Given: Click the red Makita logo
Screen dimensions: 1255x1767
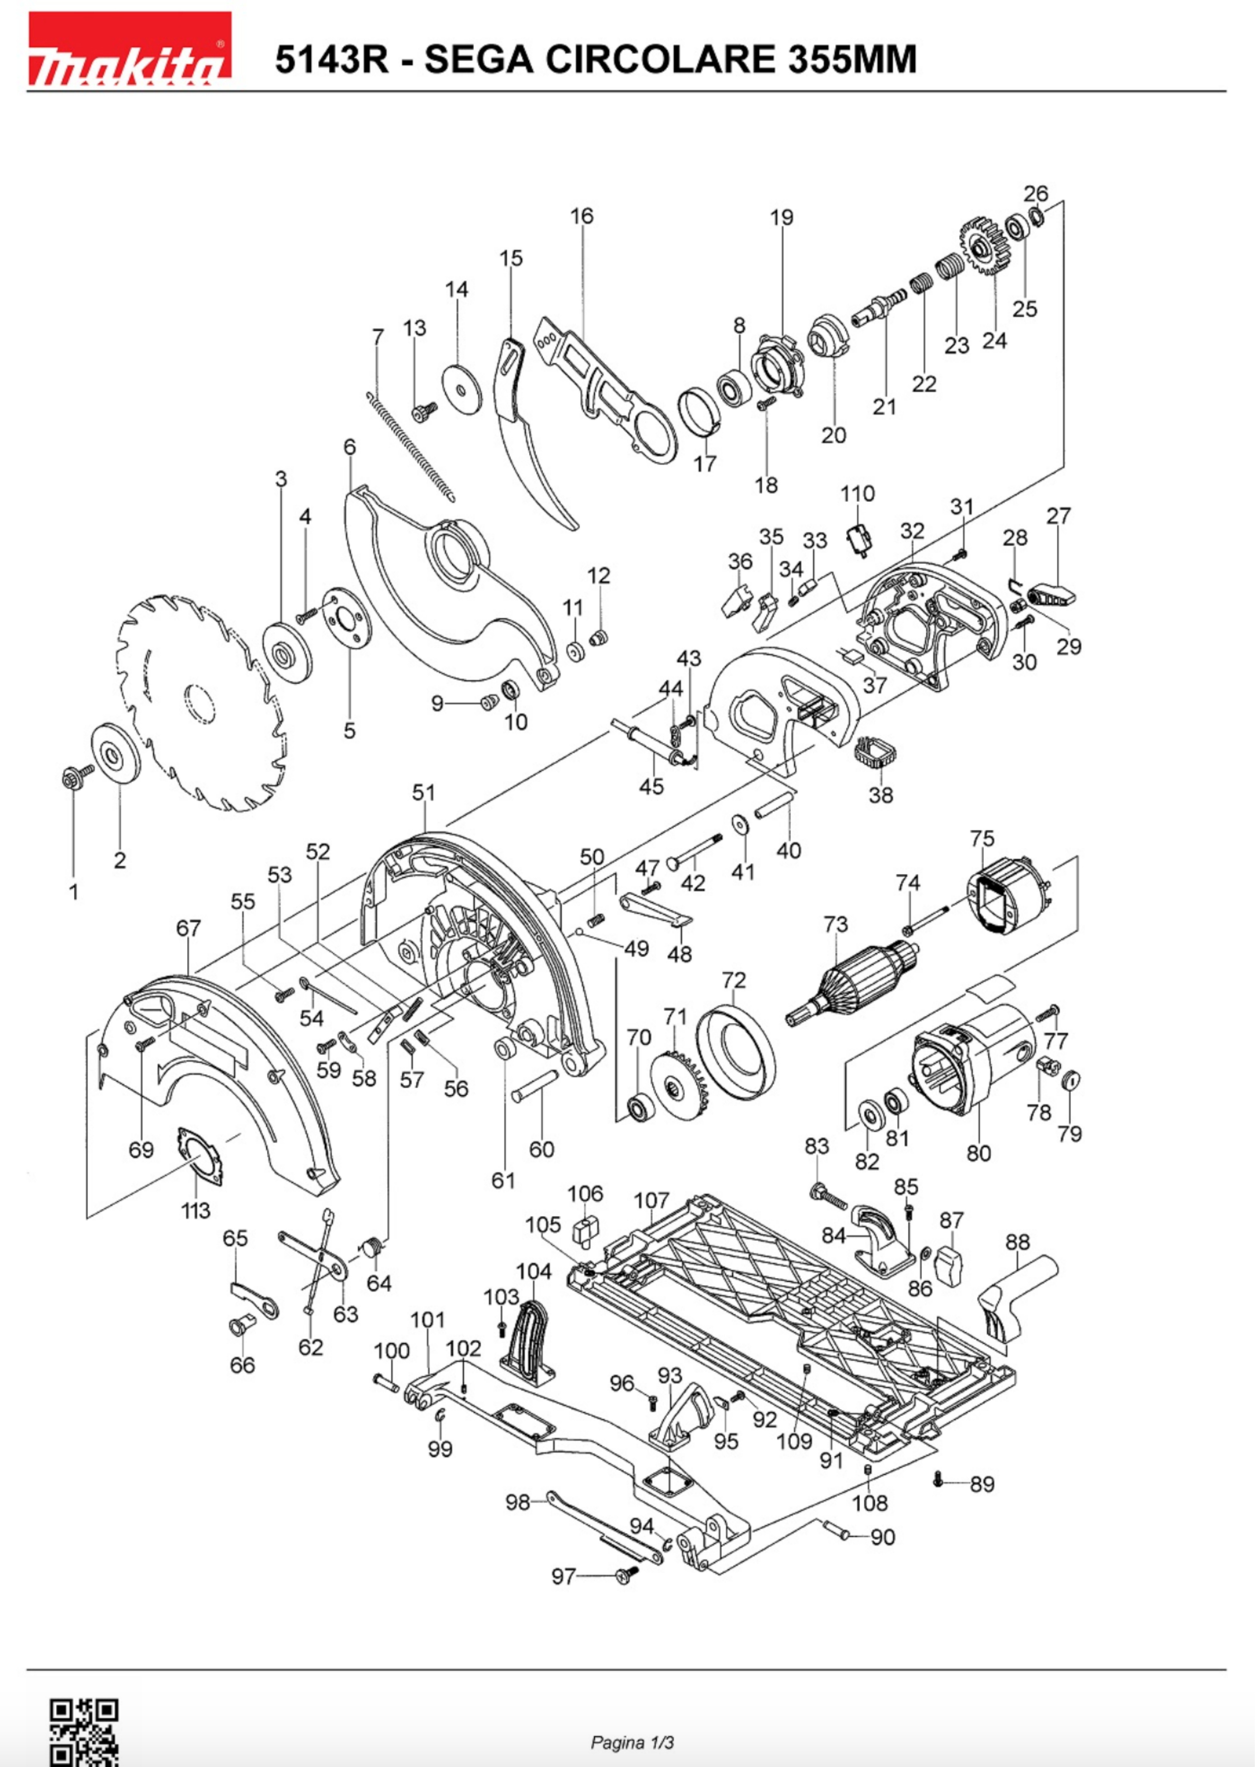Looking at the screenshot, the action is [x=130, y=48].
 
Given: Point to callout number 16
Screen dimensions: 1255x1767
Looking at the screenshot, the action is [x=582, y=216].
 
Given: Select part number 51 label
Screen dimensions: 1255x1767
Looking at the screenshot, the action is [x=424, y=792].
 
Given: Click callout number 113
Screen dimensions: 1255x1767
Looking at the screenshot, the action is [x=195, y=1210].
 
